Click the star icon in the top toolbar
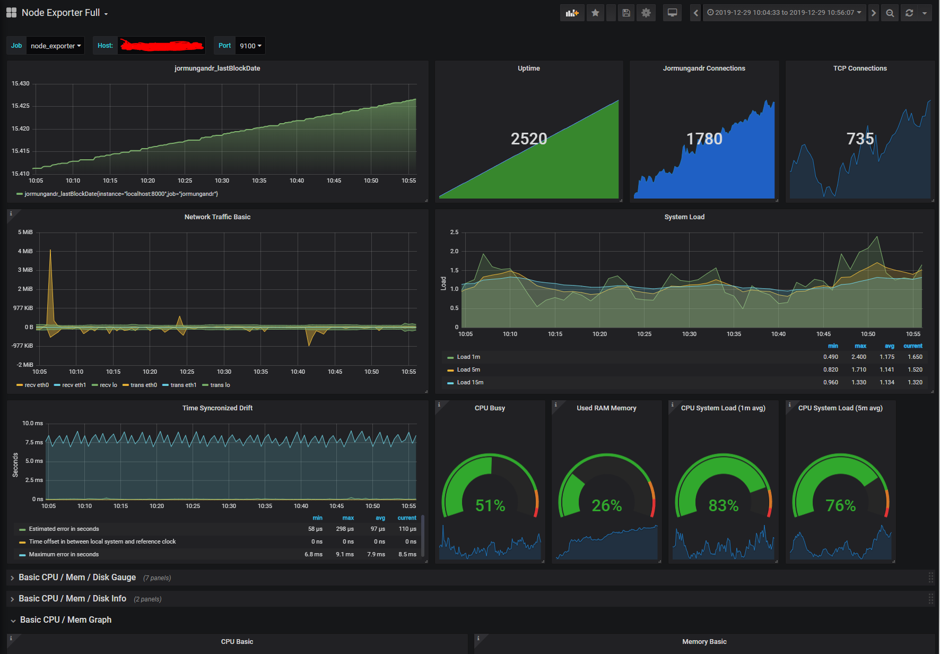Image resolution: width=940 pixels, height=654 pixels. click(595, 13)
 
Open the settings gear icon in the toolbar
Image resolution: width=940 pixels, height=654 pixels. click(646, 13)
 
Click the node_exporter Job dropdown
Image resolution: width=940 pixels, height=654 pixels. click(55, 46)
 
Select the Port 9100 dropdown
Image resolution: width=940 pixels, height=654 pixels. click(250, 46)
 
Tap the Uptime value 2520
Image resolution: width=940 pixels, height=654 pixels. click(528, 139)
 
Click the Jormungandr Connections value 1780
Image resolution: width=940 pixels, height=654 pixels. click(704, 139)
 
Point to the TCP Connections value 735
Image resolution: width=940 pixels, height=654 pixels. click(859, 139)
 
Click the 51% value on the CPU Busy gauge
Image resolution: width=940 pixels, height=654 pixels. click(490, 505)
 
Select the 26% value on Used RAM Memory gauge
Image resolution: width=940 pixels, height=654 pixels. click(606, 505)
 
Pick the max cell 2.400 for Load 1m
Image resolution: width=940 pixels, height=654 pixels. click(858, 357)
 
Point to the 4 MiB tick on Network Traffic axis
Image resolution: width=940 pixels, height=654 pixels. click(25, 251)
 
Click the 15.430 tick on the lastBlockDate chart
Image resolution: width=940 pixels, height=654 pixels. click(21, 83)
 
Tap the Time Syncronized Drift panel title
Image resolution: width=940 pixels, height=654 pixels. click(217, 408)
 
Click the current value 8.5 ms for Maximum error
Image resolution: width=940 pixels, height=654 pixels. click(407, 554)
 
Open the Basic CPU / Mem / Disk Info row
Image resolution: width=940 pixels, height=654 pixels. click(72, 599)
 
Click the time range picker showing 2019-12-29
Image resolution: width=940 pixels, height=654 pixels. click(784, 13)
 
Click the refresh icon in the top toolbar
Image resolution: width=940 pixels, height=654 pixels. click(909, 13)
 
